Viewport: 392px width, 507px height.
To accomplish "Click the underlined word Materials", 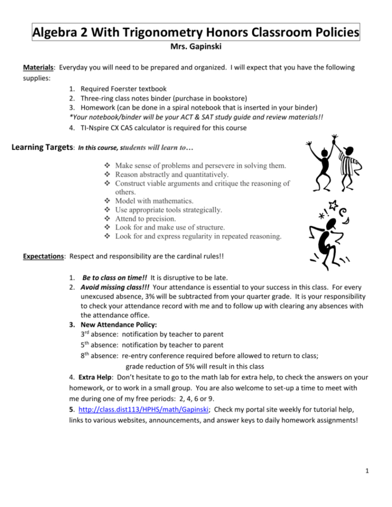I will [39, 67].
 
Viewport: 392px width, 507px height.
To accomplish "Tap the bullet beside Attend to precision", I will [108, 219].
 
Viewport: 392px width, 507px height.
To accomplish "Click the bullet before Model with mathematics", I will [108, 201].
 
